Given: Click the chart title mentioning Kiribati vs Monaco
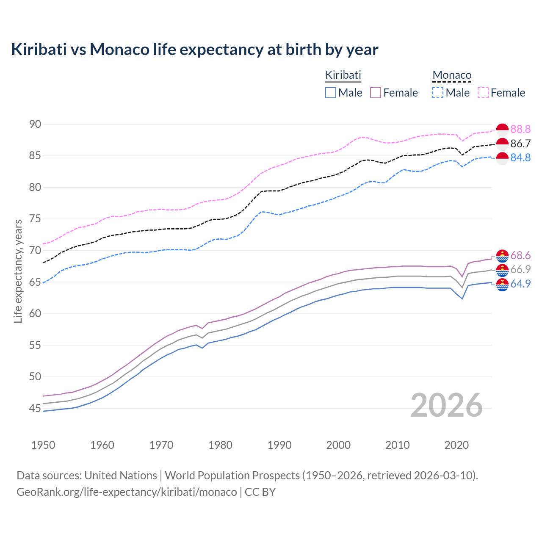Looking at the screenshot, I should (x=194, y=50).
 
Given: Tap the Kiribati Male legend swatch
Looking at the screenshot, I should (x=331, y=93).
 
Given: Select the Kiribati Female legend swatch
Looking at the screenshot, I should (x=376, y=93).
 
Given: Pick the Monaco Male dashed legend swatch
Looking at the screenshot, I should (x=438, y=93).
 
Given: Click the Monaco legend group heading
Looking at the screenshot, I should (x=452, y=75).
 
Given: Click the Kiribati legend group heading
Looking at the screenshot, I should (x=343, y=75).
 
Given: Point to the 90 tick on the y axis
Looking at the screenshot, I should (x=35, y=124).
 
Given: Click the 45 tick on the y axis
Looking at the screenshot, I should (x=35, y=408).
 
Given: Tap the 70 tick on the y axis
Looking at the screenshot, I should (x=35, y=250).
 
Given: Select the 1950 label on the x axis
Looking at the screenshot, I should (x=43, y=445).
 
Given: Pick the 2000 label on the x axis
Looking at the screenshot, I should (x=338, y=445).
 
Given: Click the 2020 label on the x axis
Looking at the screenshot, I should (x=456, y=445).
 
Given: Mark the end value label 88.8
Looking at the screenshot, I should (x=520, y=129).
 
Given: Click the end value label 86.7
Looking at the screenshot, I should (x=520, y=144).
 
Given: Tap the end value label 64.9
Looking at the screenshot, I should (x=520, y=284).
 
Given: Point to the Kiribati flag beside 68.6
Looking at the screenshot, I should (x=502, y=256).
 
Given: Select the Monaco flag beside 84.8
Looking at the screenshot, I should (x=502, y=158).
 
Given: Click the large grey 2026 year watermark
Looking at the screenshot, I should (x=446, y=406).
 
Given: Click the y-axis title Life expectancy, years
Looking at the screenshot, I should (x=18, y=271).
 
